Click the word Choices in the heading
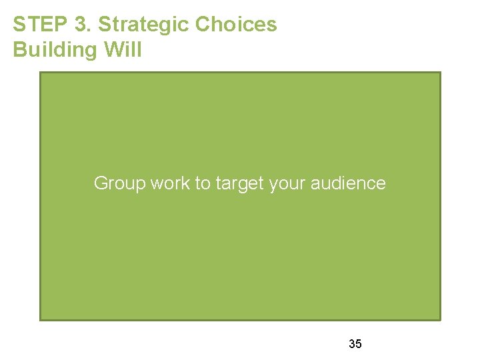coord(236,25)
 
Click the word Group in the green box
coord(119,183)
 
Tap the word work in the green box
coord(171,183)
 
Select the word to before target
coord(202,183)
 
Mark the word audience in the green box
coord(348,183)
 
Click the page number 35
coord(355,344)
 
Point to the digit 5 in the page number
coord(359,344)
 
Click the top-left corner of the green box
coord(41,73)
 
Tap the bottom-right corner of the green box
coord(440,320)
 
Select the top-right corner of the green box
coord(440,73)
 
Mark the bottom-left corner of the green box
coord(41,320)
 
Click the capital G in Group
coord(100,183)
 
